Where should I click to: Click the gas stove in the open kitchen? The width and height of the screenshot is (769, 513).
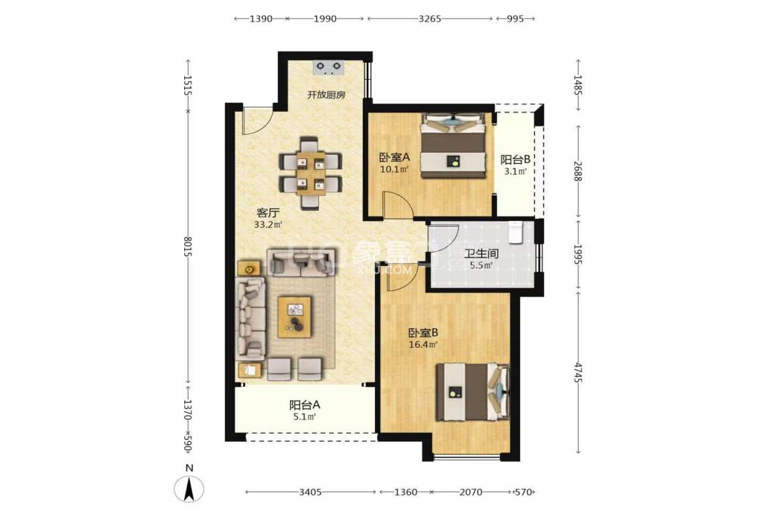[329, 66]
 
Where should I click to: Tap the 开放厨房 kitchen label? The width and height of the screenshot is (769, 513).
[326, 95]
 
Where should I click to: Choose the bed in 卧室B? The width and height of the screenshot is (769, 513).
[472, 391]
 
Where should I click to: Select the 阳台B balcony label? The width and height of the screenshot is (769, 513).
[514, 159]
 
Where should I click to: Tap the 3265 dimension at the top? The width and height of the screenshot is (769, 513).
[429, 18]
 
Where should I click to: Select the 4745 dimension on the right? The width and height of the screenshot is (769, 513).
[578, 372]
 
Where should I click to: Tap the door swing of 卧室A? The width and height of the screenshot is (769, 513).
[397, 205]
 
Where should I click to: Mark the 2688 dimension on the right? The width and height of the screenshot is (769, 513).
[578, 170]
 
